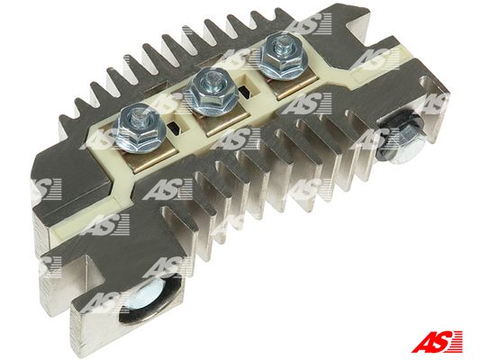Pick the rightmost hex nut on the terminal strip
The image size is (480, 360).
tap(283, 58)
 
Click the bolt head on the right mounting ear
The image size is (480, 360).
tap(402, 138)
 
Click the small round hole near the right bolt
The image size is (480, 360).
tap(426, 82)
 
